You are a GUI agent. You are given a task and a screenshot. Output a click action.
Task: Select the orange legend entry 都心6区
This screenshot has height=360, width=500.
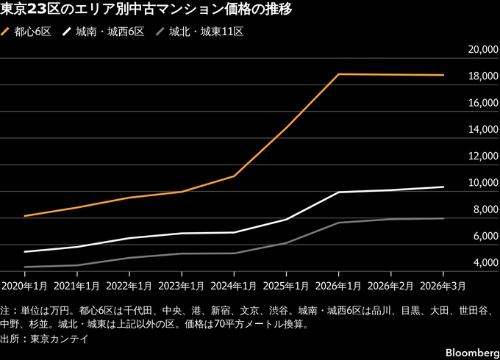(x=27, y=32)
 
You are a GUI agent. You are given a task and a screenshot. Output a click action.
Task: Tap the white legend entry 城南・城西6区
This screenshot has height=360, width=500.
(x=105, y=32)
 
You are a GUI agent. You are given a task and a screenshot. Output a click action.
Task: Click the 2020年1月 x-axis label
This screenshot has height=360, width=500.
(x=25, y=284)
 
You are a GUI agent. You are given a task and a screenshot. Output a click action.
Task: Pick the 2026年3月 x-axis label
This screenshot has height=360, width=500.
(x=443, y=284)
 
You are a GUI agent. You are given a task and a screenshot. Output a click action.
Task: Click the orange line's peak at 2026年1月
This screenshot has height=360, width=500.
(x=339, y=74)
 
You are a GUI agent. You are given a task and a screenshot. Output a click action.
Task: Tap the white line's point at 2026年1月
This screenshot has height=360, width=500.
(x=339, y=192)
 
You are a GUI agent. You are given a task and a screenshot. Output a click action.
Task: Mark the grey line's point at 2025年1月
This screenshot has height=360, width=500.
(x=287, y=242)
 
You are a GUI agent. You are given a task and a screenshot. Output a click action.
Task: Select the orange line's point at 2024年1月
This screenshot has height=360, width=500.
(x=235, y=176)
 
